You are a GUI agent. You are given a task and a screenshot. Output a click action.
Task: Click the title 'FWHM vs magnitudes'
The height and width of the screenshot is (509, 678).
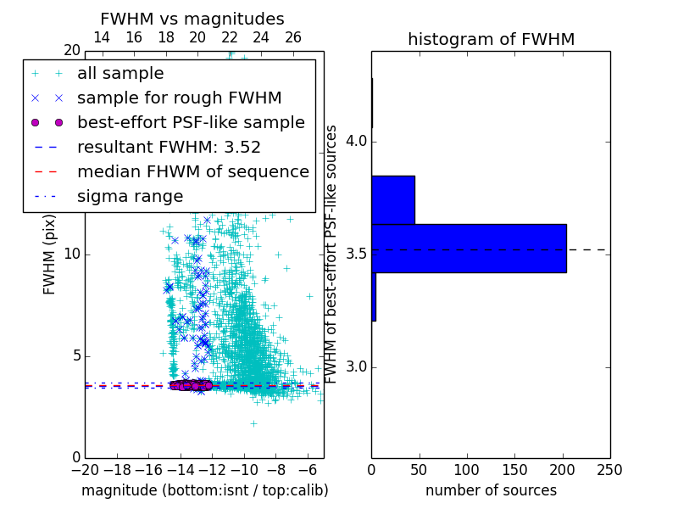(192, 20)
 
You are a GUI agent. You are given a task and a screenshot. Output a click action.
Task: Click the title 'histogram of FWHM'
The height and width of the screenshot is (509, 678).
(491, 40)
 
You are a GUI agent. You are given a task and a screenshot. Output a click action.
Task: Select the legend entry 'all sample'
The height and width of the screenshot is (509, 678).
(120, 74)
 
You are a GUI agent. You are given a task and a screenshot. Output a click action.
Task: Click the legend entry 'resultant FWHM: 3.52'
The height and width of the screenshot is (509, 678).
(169, 148)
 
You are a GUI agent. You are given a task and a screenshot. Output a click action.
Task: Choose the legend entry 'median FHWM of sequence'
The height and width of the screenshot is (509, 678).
(192, 172)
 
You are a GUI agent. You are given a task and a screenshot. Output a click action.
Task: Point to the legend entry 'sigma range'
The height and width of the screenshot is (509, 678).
(130, 197)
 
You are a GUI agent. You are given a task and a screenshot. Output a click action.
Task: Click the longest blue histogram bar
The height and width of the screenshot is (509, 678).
(469, 249)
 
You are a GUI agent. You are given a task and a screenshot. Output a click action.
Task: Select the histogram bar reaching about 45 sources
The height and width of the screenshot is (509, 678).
(393, 200)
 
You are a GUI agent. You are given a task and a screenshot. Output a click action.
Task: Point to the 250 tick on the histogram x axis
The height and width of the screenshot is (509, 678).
(609, 469)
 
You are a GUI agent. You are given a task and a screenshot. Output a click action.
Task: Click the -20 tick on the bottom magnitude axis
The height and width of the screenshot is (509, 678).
(85, 469)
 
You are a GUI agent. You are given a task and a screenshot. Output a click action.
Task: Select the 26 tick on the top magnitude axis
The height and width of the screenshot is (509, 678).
(293, 37)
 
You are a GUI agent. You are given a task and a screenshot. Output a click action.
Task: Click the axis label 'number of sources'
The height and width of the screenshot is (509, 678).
(491, 490)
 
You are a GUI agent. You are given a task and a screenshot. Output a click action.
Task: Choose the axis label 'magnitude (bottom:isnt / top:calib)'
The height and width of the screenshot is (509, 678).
(204, 490)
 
